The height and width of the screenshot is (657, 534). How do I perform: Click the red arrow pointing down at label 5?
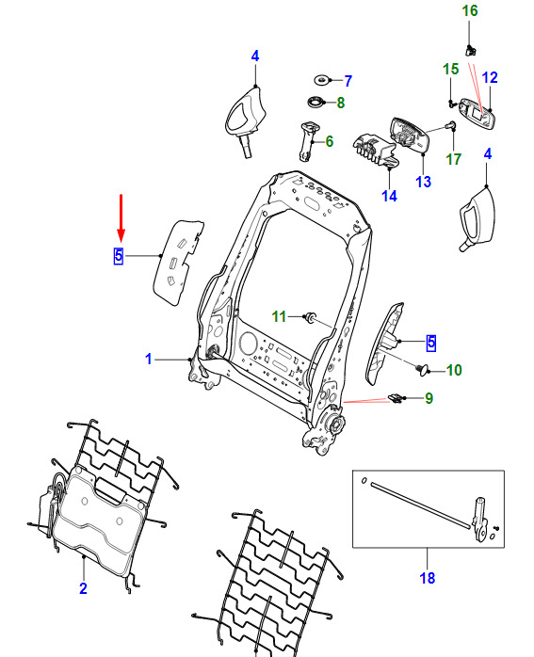121,218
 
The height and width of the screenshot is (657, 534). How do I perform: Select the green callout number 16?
469,11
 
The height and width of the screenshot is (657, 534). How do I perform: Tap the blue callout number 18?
428,578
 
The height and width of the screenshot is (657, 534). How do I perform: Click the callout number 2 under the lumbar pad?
83,588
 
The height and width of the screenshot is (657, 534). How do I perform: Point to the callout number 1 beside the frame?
149,359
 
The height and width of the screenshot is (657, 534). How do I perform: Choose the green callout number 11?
279,317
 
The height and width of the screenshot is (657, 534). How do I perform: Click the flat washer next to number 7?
322,80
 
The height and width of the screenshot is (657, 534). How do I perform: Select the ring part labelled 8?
316,102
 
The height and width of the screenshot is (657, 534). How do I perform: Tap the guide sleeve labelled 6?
306,141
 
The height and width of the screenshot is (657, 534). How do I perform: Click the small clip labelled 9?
396,398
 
